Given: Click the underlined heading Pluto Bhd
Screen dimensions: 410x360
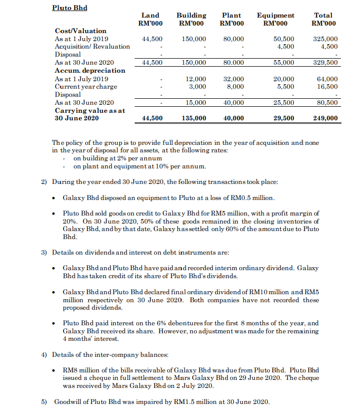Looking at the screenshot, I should point(69,8).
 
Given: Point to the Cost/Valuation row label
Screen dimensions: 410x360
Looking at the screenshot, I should point(80,31).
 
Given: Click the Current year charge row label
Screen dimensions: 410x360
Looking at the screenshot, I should point(86,87).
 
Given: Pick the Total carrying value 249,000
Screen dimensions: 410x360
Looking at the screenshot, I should point(325,118).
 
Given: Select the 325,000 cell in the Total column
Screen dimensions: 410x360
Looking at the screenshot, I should point(325,39).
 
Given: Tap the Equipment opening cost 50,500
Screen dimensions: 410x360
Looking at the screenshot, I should point(284,39).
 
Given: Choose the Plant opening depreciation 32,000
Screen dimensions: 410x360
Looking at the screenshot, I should point(233,79).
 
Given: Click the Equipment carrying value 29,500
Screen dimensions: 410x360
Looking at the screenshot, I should point(284,118).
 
